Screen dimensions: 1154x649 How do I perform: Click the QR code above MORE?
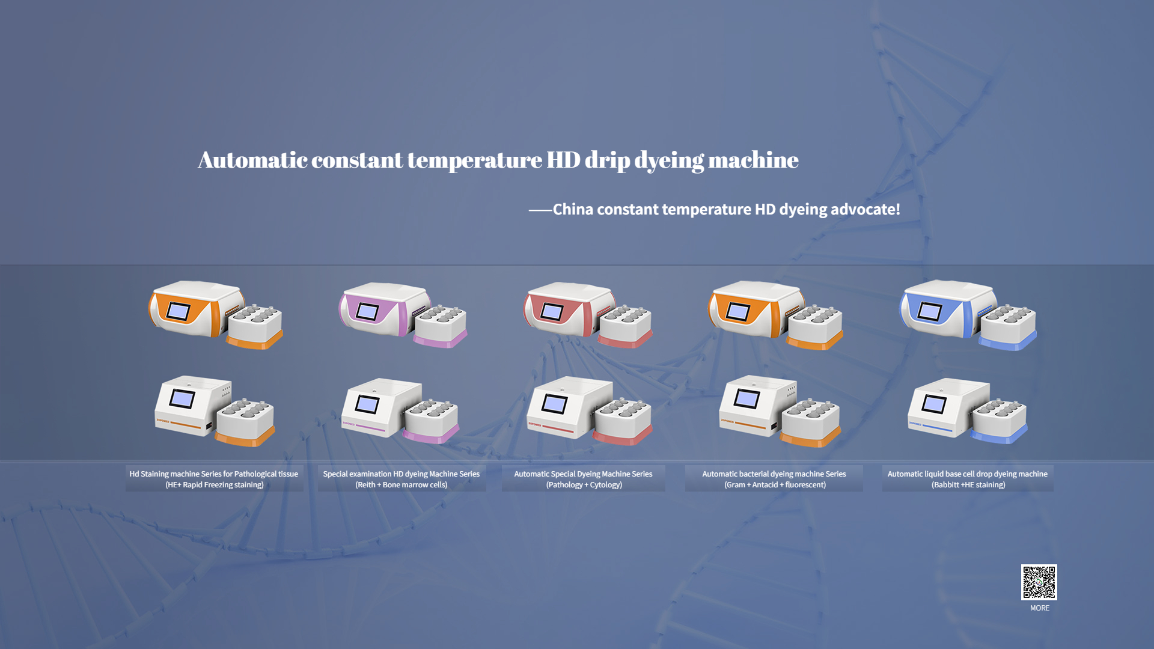point(1039,582)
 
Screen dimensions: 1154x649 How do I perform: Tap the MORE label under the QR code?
point(1040,608)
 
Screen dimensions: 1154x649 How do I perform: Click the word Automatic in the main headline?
point(252,160)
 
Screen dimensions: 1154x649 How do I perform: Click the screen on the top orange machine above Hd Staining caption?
point(178,311)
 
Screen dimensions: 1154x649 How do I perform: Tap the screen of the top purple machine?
point(367,311)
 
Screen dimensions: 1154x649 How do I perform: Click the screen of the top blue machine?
point(930,311)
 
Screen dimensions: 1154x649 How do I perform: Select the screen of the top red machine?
point(552,311)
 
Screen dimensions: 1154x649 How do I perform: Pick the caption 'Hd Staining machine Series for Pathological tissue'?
point(214,474)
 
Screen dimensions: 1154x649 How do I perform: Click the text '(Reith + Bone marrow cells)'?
point(401,485)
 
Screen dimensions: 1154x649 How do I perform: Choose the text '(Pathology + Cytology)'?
point(584,485)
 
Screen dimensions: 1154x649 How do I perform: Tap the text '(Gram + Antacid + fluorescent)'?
point(775,485)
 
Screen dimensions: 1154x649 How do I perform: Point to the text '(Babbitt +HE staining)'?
point(968,485)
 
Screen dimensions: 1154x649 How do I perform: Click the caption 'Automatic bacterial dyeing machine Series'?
point(774,474)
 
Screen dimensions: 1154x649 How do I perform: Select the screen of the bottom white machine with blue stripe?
point(934,404)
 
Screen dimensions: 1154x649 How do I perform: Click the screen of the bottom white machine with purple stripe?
point(367,404)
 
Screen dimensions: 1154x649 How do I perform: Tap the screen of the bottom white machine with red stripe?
point(554,404)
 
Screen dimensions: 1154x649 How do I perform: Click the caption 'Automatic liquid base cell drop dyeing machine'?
point(968,474)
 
